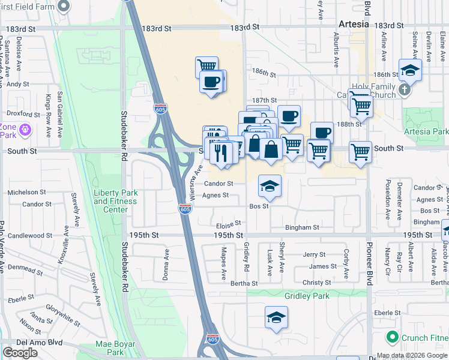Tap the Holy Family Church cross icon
click(x=405, y=90)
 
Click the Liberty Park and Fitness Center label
click(x=116, y=201)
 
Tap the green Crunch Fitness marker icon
click(x=393, y=337)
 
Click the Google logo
click(x=20, y=353)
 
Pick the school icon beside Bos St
click(x=270, y=187)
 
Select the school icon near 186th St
click(x=410, y=70)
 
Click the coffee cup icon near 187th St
click(x=289, y=116)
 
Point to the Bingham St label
click(x=303, y=228)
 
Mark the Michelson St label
click(x=26, y=193)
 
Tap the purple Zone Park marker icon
click(x=25, y=129)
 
